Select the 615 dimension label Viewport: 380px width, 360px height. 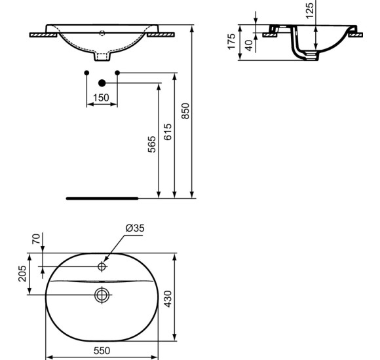(x=168, y=133)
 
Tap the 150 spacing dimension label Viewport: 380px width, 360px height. (x=102, y=98)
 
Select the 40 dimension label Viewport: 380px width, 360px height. (x=248, y=46)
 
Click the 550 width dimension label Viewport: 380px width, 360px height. (x=102, y=350)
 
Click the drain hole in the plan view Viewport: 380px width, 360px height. (x=102, y=295)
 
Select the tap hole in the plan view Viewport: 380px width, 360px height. (x=102, y=266)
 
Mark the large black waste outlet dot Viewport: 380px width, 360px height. (x=102, y=83)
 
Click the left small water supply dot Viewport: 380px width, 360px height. (x=86, y=72)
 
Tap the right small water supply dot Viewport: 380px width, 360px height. (x=117, y=72)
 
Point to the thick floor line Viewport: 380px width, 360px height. (x=102, y=196)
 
